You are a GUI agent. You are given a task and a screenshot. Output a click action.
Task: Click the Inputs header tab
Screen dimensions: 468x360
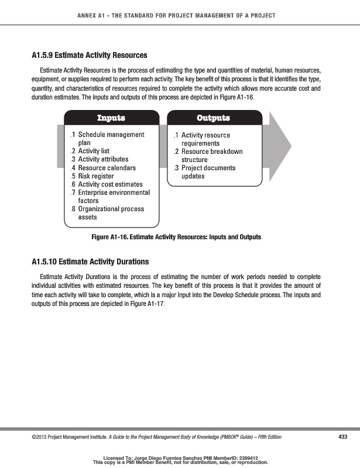coord(111,118)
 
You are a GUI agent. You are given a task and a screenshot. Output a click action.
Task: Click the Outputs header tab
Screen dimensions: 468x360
coord(213,118)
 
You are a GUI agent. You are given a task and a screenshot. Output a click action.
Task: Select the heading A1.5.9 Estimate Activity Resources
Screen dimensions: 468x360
coord(89,56)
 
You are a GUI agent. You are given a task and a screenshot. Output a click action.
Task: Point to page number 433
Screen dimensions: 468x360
coord(343,437)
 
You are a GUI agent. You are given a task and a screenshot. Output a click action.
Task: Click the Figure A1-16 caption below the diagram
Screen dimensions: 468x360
coord(176,238)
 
